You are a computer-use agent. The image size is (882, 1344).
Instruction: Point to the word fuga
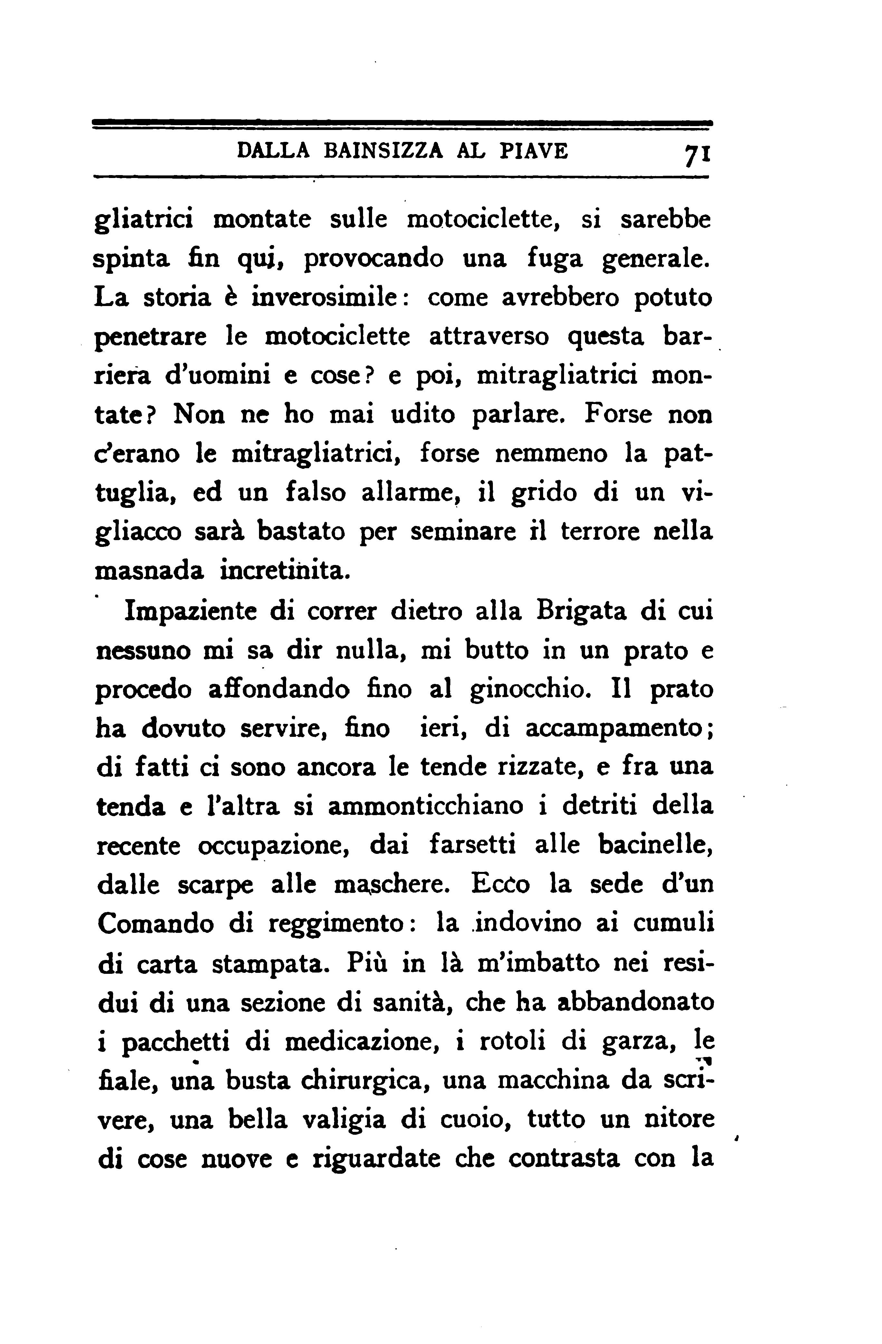click(x=553, y=259)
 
